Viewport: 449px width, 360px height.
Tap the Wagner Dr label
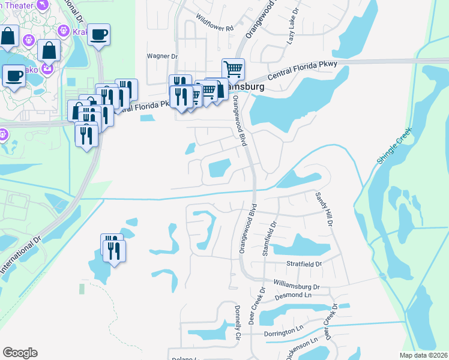pos(163,56)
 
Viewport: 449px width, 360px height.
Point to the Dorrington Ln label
pos(283,332)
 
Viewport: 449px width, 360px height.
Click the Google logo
pos(20,353)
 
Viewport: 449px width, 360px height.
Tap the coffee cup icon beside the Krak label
pos(99,34)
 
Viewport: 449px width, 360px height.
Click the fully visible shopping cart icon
pos(233,69)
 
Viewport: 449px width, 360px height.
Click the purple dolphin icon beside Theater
pos(43,5)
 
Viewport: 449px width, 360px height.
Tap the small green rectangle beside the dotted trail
pos(82,289)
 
